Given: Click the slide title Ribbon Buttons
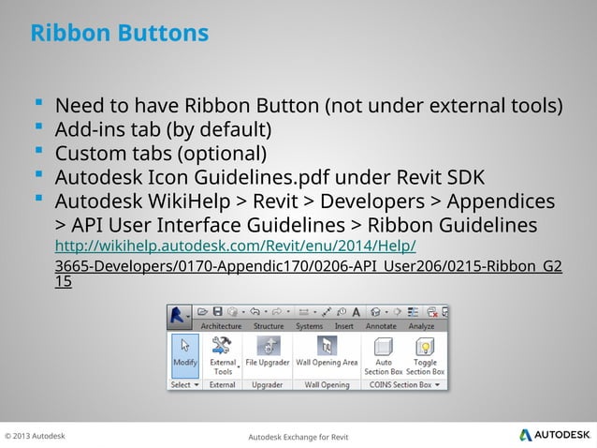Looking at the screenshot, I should click(119, 34).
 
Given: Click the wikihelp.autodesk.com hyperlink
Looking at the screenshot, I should click(236, 246).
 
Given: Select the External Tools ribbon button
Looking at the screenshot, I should click(223, 355).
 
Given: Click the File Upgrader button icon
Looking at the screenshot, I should click(268, 347).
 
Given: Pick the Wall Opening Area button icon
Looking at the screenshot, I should click(327, 346).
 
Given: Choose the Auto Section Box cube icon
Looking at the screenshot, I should click(384, 347).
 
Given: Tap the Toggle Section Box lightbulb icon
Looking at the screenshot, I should click(426, 347).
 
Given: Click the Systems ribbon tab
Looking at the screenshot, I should click(309, 326).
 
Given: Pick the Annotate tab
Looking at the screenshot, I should click(381, 326).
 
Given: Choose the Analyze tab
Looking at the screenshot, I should click(423, 326).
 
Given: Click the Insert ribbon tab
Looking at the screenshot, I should click(343, 326).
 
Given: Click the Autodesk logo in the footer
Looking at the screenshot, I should click(555, 435).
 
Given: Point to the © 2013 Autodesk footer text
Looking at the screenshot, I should click(36, 436).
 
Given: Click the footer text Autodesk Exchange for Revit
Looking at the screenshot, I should click(298, 437).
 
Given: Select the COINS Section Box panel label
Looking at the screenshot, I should click(400, 384).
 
